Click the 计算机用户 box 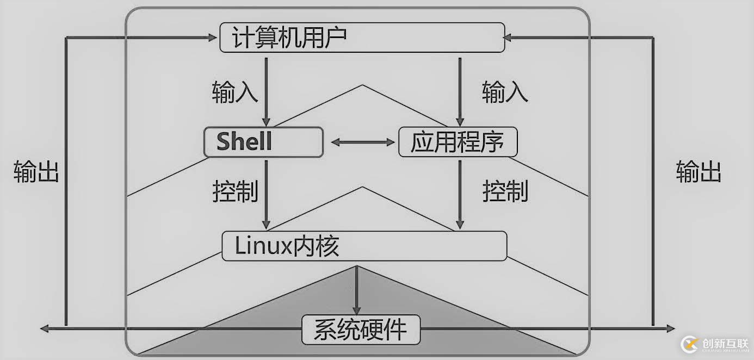click(362, 38)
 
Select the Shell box click(263, 142)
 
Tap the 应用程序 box click(458, 142)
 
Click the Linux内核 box click(364, 246)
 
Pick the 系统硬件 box click(361, 330)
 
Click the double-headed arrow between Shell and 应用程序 click(362, 142)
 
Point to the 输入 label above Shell click(234, 92)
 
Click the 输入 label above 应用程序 click(505, 92)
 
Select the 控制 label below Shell click(235, 191)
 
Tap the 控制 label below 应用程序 click(505, 191)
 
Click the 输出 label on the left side click(36, 172)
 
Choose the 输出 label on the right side click(699, 172)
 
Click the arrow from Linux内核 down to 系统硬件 click(357, 288)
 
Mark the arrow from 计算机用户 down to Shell click(266, 90)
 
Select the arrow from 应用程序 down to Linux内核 click(460, 193)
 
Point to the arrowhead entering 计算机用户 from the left click(212, 37)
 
